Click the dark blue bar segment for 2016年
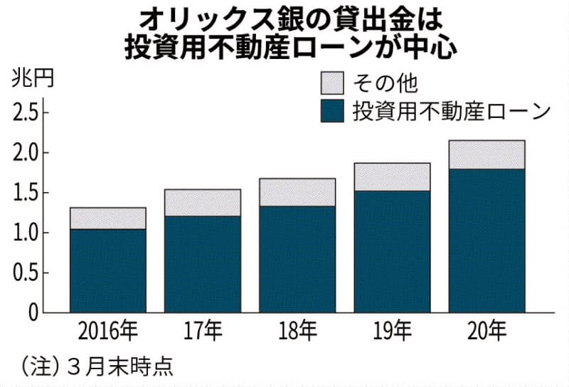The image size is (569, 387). click(x=107, y=270)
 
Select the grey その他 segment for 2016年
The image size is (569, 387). click(x=107, y=218)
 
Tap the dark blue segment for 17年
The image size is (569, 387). click(x=203, y=264)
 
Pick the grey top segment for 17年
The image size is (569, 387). click(x=203, y=203)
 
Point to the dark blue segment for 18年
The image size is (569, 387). click(x=297, y=259)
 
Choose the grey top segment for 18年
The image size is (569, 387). click(x=297, y=192)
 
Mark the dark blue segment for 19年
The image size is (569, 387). click(x=392, y=252)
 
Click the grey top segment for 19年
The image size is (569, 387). click(x=392, y=177)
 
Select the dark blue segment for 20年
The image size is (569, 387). click(x=486, y=241)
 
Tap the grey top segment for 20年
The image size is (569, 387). click(x=486, y=154)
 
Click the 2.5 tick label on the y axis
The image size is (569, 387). click(x=25, y=112)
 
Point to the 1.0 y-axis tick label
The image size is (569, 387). click(x=25, y=233)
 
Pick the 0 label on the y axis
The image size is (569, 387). click(x=32, y=312)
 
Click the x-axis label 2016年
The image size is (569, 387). click(x=107, y=332)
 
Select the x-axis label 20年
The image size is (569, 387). click(x=486, y=332)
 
